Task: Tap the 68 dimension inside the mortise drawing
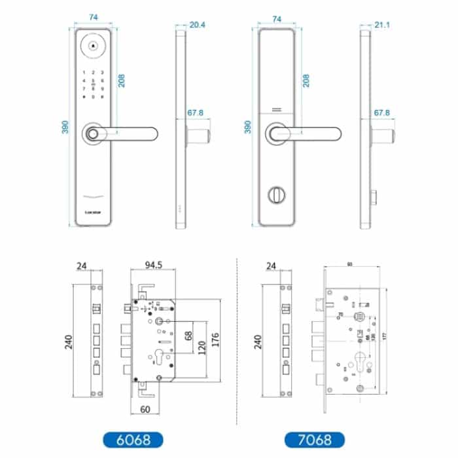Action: (x=190, y=336)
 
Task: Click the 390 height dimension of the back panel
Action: (x=247, y=127)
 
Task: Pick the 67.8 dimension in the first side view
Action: (x=196, y=113)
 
